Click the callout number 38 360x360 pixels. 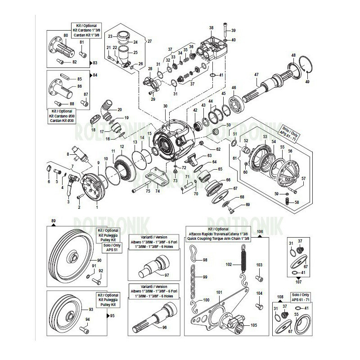pyautogui.click(x=211, y=28)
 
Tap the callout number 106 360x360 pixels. pyautogui.click(x=259, y=231)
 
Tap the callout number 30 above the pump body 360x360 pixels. pyautogui.click(x=165, y=106)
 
